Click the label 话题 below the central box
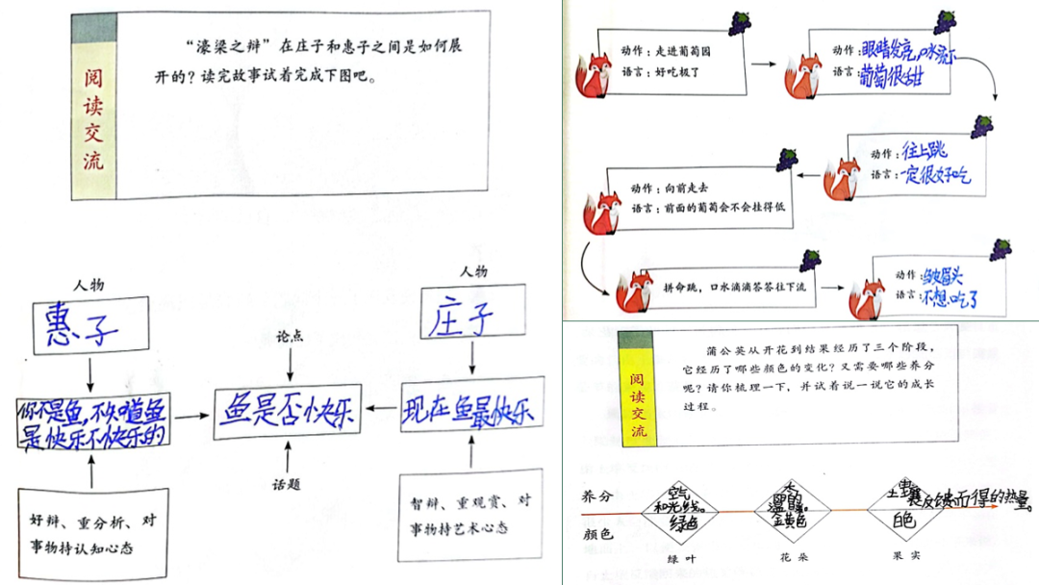point(287,484)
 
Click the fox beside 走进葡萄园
point(595,76)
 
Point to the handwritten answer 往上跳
point(925,151)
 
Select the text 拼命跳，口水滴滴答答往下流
point(733,287)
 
